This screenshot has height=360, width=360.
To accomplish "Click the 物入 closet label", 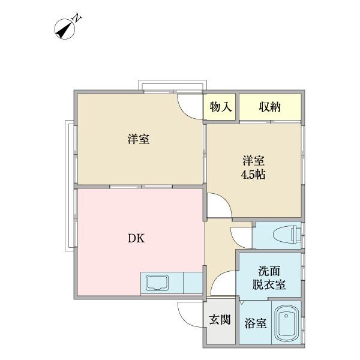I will [221, 107].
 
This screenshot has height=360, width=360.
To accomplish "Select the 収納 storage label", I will [270, 107].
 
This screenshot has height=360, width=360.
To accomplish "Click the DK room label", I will [135, 238].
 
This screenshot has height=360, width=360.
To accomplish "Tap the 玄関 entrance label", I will [220, 320].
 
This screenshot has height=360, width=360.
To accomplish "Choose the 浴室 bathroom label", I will [255, 323].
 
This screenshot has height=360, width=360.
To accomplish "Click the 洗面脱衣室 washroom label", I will [268, 277].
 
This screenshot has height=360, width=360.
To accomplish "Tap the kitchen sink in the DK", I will [157, 282].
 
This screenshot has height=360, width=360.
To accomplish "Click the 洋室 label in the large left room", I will [139, 139].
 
